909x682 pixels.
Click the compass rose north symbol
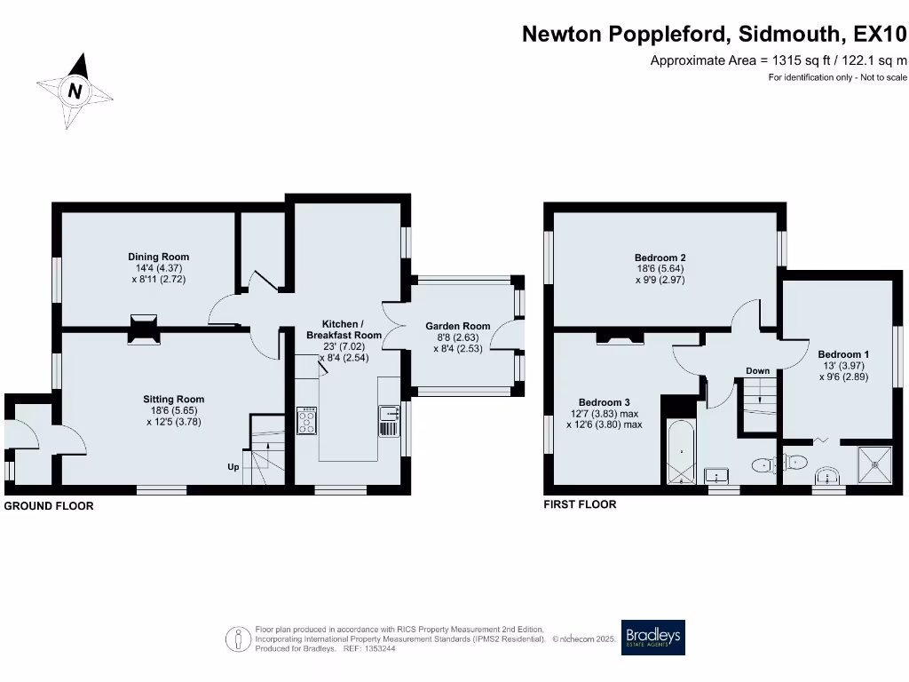point(75,91)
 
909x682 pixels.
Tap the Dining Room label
point(158,258)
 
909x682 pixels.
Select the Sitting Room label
point(175,400)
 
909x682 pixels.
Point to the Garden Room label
point(457,326)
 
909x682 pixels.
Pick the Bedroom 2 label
point(659,258)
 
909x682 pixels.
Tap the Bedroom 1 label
point(842,354)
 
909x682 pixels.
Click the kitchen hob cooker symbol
point(307,421)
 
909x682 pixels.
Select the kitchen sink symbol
point(389,421)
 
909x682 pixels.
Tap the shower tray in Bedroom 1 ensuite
point(873,465)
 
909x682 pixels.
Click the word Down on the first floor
point(757,371)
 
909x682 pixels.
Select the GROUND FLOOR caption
point(49,506)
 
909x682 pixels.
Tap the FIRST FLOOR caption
point(580,504)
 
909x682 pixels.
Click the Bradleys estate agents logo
point(652,637)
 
